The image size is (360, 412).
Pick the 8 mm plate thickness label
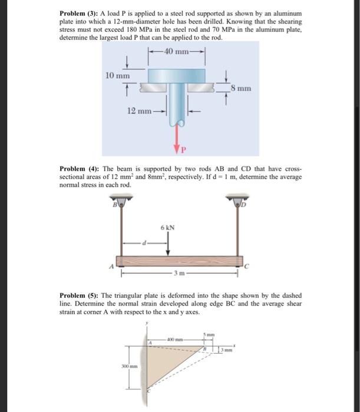[x=241, y=89]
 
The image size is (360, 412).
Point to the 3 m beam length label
[x=180, y=274]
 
